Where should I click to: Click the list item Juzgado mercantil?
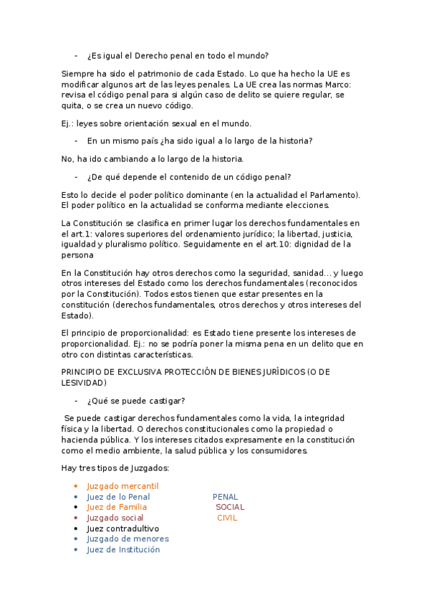122,486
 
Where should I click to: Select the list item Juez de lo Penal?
118,497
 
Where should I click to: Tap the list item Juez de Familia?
117,508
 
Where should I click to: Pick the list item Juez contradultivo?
122,528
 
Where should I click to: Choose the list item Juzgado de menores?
127,539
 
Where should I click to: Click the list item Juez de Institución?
123,550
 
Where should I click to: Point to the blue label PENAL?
225,497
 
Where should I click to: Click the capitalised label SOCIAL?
230,508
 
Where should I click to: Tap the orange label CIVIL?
227,518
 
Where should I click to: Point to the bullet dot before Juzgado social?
77,518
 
